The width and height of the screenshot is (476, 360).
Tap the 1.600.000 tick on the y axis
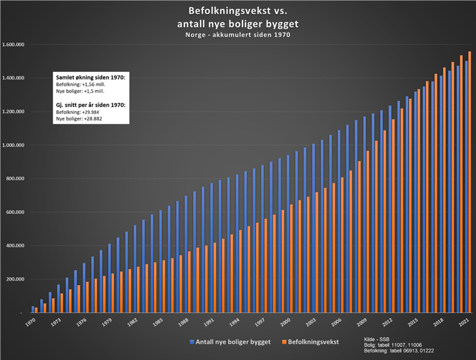(x=13, y=45)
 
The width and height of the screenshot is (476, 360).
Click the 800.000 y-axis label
(x=14, y=179)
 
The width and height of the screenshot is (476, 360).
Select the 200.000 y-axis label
(x=14, y=279)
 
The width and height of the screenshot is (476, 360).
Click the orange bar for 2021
(x=470, y=180)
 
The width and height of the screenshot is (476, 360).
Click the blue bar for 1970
(x=32, y=309)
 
